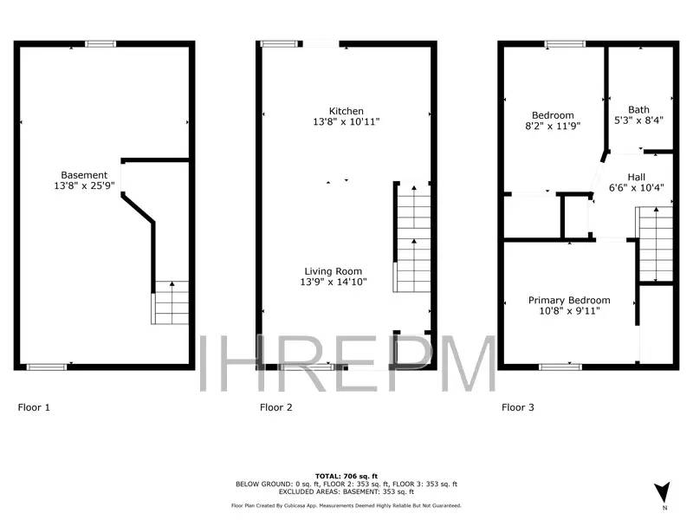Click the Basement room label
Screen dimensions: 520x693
tap(84, 174)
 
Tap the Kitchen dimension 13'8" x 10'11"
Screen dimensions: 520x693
tap(346, 122)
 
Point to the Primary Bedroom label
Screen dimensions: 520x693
tap(569, 300)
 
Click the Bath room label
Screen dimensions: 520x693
tap(638, 110)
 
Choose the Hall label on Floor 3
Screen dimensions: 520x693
tap(636, 176)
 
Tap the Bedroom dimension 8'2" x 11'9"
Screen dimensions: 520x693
tap(553, 127)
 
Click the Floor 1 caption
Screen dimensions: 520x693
tap(34, 406)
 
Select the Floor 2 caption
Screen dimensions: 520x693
tap(276, 406)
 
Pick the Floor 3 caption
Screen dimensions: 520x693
tap(517, 406)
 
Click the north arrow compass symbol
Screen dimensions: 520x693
tap(664, 491)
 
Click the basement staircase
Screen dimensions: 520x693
tap(172, 302)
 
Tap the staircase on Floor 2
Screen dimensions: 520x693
tap(413, 239)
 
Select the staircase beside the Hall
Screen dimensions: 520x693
tap(656, 244)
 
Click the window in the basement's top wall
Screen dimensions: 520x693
tap(100, 44)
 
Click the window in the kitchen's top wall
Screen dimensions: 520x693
tap(276, 44)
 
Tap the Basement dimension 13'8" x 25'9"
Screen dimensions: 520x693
tap(84, 185)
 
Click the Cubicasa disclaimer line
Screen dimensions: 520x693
tap(346, 505)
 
